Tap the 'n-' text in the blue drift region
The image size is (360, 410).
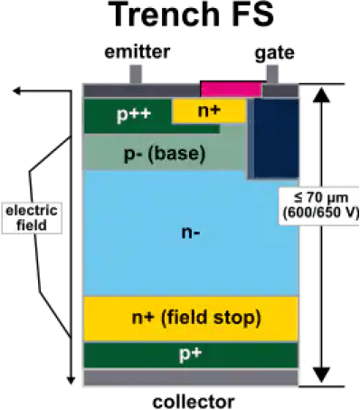click(190, 233)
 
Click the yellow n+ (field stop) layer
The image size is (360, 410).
click(190, 317)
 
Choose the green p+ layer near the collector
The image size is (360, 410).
click(190, 354)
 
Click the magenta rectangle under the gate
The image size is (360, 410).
click(231, 90)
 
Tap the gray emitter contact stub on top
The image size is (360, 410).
click(136, 74)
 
